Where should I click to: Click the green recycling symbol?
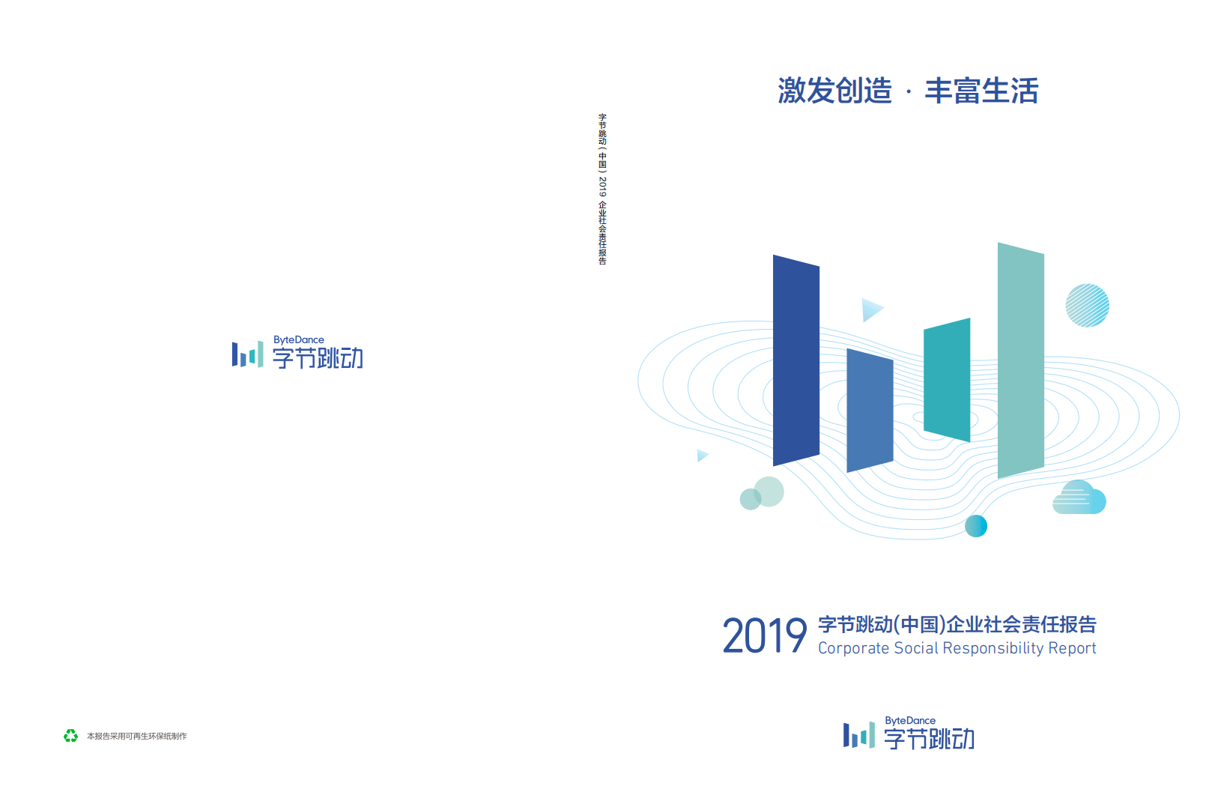click(x=70, y=736)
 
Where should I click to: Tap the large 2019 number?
click(x=764, y=636)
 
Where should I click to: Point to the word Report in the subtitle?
click(x=1072, y=648)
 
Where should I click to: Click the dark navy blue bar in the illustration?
click(x=796, y=360)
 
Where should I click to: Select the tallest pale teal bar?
click(x=1020, y=360)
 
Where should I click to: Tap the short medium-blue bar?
click(x=870, y=410)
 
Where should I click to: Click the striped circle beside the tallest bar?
click(x=1087, y=306)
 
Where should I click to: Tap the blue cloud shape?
click(x=1079, y=498)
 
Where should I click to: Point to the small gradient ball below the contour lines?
click(x=975, y=526)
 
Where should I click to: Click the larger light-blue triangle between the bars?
click(x=871, y=309)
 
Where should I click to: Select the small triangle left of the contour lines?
click(x=702, y=455)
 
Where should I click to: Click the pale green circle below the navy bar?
click(x=769, y=492)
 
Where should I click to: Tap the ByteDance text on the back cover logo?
click(x=298, y=340)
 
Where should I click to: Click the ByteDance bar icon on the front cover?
click(x=858, y=735)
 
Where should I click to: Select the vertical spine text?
click(x=602, y=189)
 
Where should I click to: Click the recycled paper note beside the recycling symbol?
click(x=137, y=737)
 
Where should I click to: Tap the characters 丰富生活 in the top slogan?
click(x=981, y=91)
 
